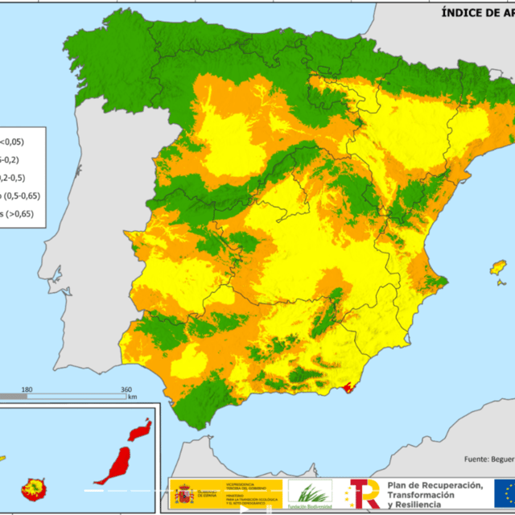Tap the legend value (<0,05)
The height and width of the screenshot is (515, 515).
(x=11, y=142)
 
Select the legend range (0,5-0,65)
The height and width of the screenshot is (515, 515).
(x=17, y=196)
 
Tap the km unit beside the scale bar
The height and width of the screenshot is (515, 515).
(x=132, y=398)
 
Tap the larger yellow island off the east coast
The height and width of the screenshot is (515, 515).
(x=499, y=266)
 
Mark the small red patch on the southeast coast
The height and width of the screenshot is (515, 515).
(x=348, y=389)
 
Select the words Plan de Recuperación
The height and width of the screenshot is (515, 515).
(x=435, y=484)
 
